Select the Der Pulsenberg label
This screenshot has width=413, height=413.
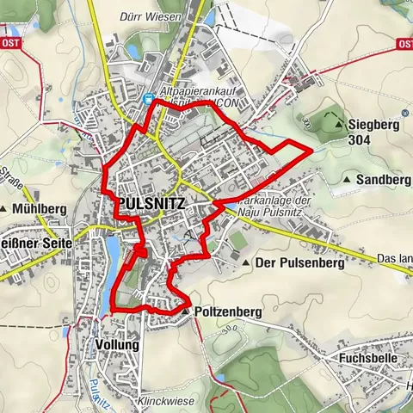click(299, 263)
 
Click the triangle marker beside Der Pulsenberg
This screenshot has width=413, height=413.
click(247, 263)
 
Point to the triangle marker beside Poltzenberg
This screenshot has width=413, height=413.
click(186, 311)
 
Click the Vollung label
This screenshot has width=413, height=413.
click(117, 344)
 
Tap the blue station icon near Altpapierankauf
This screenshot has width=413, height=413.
click(149, 98)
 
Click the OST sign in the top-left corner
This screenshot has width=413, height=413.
click(10, 42)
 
